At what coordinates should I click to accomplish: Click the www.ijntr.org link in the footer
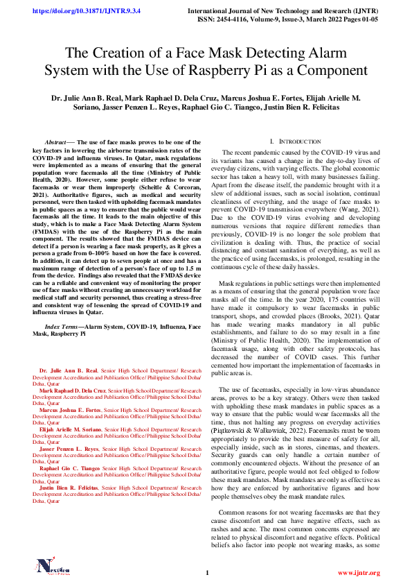pyautogui.click(x=359, y=573)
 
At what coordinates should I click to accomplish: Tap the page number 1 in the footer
pyautogui.click(x=206, y=573)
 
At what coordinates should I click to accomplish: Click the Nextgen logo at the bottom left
pyautogui.click(x=54, y=568)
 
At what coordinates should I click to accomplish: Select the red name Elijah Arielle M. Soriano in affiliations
pyautogui.click(x=70, y=430)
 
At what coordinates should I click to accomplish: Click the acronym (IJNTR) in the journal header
pyautogui.click(x=365, y=12)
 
